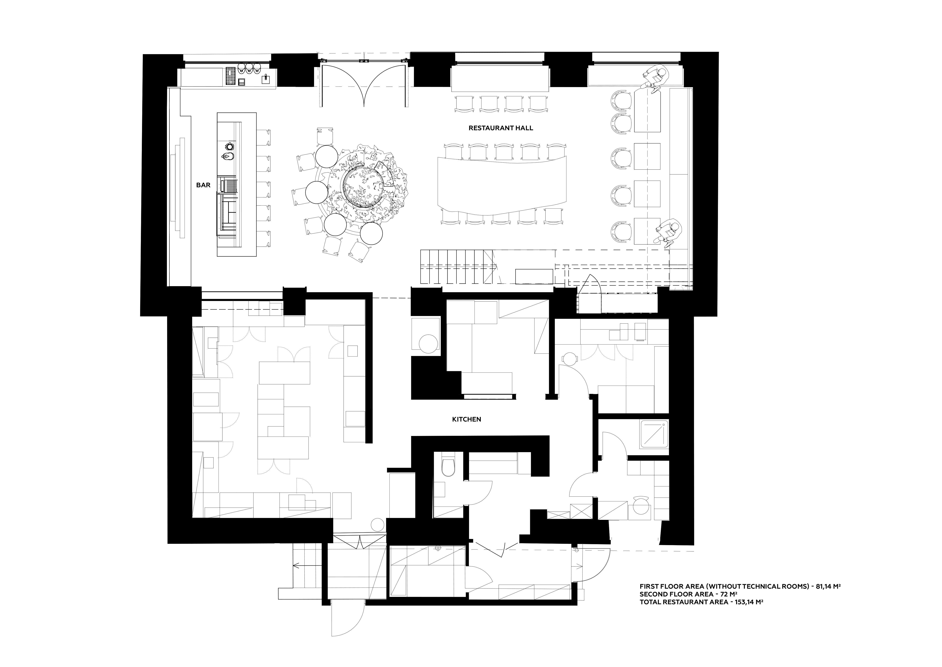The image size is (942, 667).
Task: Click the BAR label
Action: pos(203,185)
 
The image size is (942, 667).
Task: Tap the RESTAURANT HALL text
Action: pos(501,128)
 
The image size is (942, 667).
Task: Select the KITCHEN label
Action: pos(467,419)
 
